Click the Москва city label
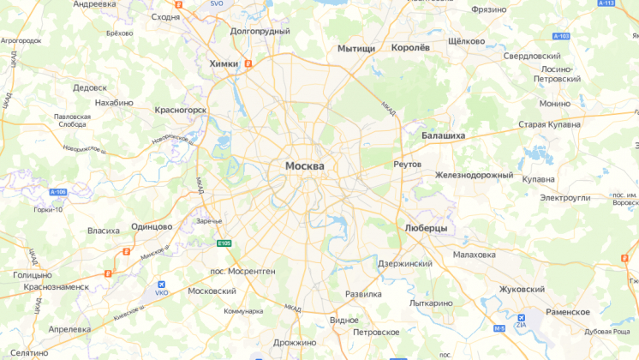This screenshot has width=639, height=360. pyautogui.click(x=305, y=165)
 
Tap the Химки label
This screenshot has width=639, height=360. pyautogui.click(x=224, y=63)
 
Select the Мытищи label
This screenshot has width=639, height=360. pyautogui.click(x=356, y=49)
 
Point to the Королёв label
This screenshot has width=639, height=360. pyautogui.click(x=409, y=48)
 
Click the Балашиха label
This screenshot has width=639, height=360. pyautogui.click(x=443, y=135)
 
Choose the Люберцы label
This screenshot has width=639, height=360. pyautogui.click(x=427, y=228)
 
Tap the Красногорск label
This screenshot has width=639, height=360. pyautogui.click(x=180, y=110)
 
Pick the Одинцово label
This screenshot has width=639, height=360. pyautogui.click(x=151, y=226)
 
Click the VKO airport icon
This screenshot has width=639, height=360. pyautogui.click(x=161, y=284)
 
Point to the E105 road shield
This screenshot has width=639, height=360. pyautogui.click(x=224, y=244)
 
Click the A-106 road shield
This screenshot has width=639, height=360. pyautogui.click(x=57, y=192)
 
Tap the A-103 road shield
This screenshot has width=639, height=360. pyautogui.click(x=561, y=36)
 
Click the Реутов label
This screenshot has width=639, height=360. pyautogui.click(x=408, y=164)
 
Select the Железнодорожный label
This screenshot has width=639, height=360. pyautogui.click(x=474, y=175)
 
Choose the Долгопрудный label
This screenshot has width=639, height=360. pyautogui.click(x=260, y=31)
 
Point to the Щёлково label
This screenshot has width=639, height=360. pyautogui.click(x=467, y=41)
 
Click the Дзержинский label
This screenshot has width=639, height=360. pyautogui.click(x=405, y=263)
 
